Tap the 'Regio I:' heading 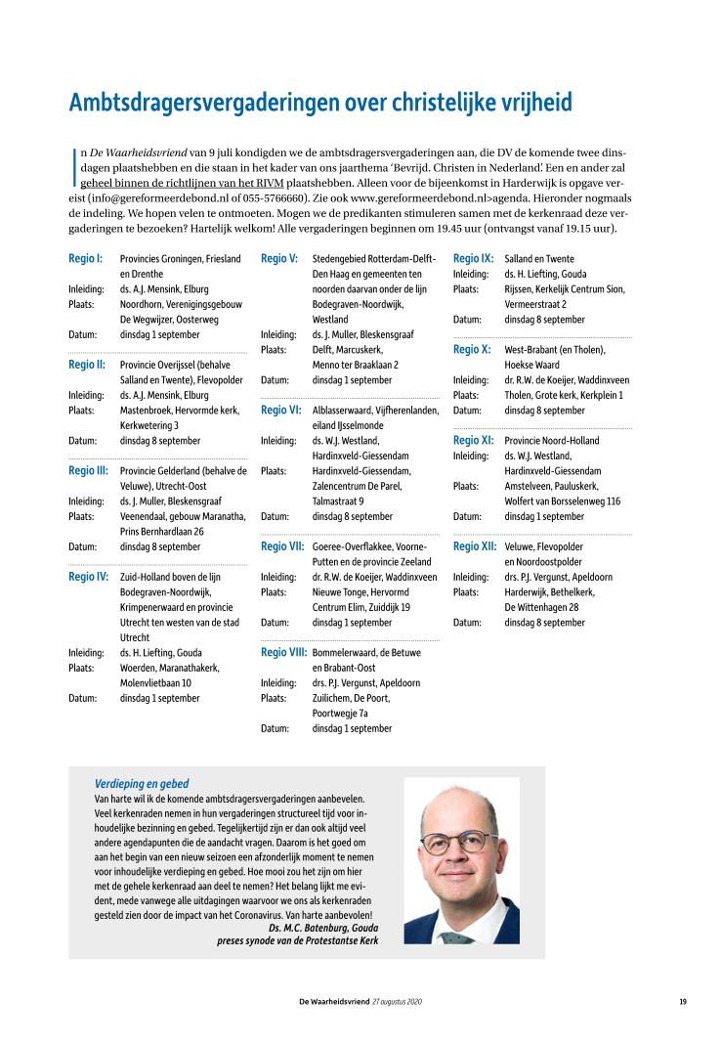85,259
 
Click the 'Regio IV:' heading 88,577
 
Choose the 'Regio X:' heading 472,349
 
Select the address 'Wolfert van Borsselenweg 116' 564,500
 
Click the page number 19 685,1003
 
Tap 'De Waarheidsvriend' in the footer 334,1003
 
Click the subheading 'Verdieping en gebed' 142,784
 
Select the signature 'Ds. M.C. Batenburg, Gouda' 322,927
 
